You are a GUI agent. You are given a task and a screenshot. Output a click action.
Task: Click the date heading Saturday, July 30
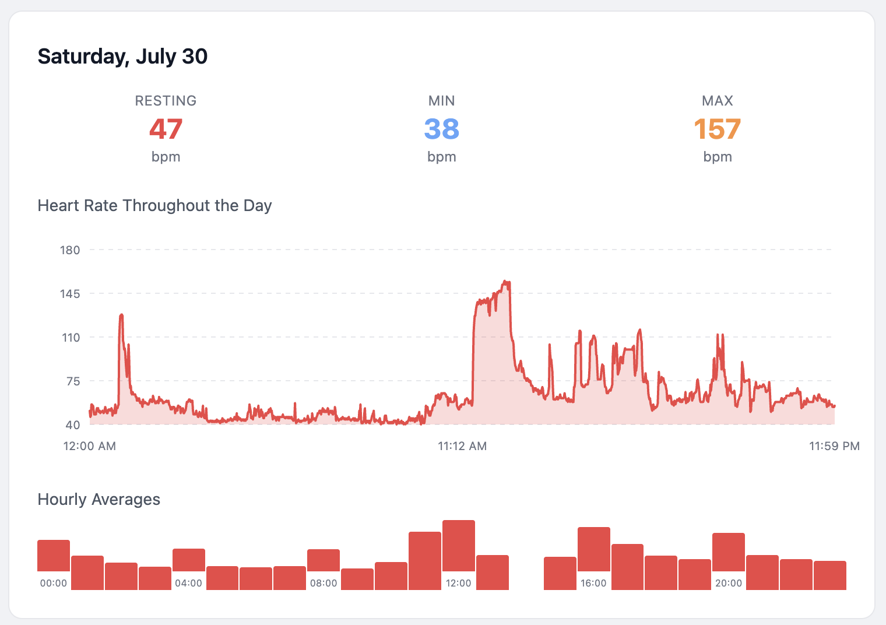(x=122, y=57)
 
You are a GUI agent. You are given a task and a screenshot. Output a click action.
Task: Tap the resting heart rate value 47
(x=166, y=129)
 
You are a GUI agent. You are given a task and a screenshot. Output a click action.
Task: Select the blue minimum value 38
(x=441, y=129)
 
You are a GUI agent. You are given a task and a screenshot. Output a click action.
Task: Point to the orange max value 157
(x=717, y=129)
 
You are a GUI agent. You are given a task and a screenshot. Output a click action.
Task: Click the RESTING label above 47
(x=166, y=101)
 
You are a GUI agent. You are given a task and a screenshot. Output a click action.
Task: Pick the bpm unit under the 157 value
(x=717, y=157)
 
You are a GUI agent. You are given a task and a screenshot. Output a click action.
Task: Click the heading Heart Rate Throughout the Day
(x=154, y=206)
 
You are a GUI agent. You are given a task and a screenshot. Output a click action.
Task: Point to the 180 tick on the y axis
(x=70, y=250)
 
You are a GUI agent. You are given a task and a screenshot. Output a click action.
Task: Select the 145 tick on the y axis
(x=70, y=294)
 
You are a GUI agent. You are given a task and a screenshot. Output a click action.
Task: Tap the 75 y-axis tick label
(x=72, y=381)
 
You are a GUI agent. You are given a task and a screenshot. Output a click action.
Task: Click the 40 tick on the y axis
(x=72, y=425)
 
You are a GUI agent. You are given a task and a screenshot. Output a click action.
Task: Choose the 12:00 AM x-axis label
(x=90, y=446)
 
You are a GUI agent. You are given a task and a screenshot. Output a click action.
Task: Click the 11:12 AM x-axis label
(x=462, y=446)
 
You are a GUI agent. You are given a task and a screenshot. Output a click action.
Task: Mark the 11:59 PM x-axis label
(x=834, y=446)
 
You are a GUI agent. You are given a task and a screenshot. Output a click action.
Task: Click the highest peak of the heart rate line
(x=505, y=282)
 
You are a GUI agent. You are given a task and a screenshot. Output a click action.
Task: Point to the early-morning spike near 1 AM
(x=121, y=315)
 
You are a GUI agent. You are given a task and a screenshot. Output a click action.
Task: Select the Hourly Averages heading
(x=99, y=500)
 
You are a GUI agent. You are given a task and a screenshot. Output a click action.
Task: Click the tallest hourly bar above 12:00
(x=459, y=545)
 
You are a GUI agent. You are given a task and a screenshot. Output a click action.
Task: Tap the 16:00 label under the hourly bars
(x=593, y=583)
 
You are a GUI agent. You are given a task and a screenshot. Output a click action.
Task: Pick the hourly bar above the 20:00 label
(x=729, y=552)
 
